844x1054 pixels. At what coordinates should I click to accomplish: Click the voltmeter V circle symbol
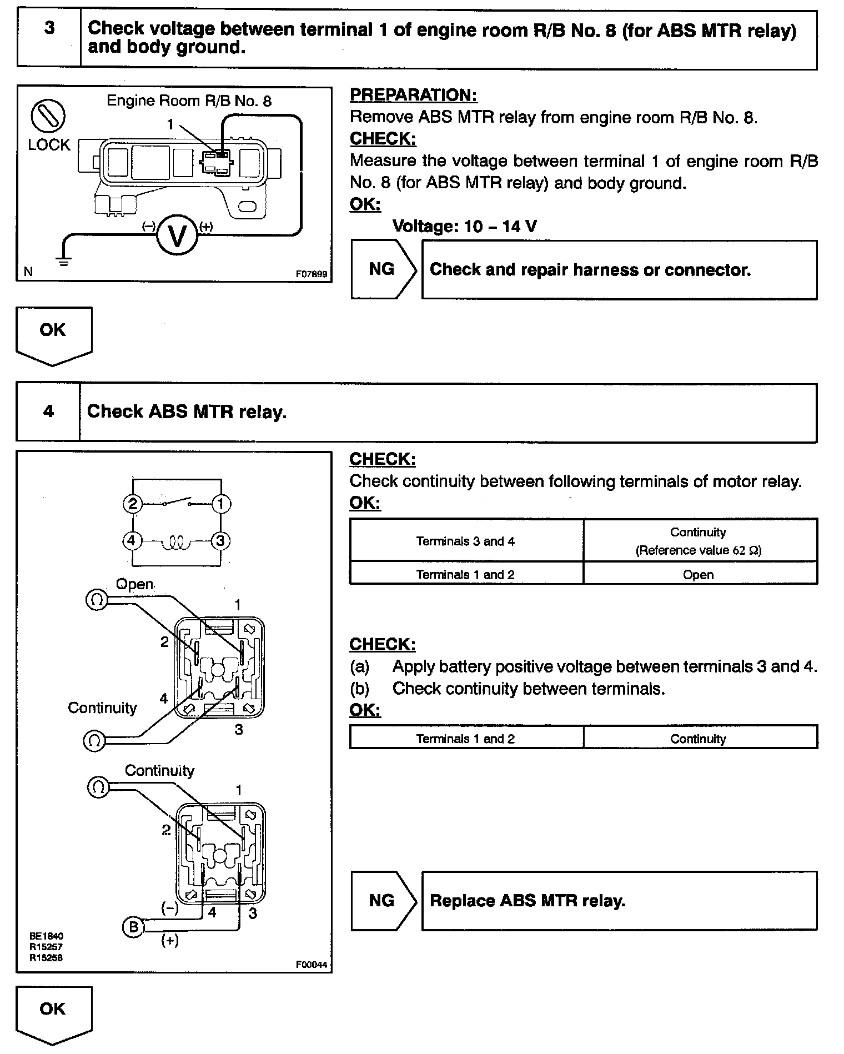(x=177, y=237)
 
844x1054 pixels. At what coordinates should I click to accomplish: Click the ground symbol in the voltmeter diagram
(x=64, y=261)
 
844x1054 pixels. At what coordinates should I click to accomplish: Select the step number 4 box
(x=48, y=412)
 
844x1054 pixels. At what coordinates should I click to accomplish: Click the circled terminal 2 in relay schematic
(x=133, y=504)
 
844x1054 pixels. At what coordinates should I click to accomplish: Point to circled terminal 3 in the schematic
(x=220, y=540)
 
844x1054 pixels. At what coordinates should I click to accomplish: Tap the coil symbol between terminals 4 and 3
(x=177, y=541)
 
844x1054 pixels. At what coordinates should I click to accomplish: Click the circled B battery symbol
(x=133, y=927)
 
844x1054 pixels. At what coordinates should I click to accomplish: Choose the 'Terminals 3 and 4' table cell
(x=465, y=541)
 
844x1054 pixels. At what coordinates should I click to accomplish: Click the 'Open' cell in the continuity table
(x=698, y=575)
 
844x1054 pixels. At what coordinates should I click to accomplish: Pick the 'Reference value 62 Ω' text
(x=698, y=550)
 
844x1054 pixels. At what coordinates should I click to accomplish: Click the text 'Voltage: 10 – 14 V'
(x=464, y=226)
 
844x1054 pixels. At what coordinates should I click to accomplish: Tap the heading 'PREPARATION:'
(x=413, y=95)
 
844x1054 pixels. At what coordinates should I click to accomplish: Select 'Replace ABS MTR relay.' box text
(x=527, y=900)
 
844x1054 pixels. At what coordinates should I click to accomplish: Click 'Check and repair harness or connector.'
(x=590, y=270)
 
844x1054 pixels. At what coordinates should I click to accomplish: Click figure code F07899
(x=312, y=274)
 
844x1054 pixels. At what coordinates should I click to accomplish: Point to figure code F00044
(x=312, y=965)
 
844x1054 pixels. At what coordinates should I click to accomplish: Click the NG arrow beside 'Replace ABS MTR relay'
(x=383, y=900)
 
